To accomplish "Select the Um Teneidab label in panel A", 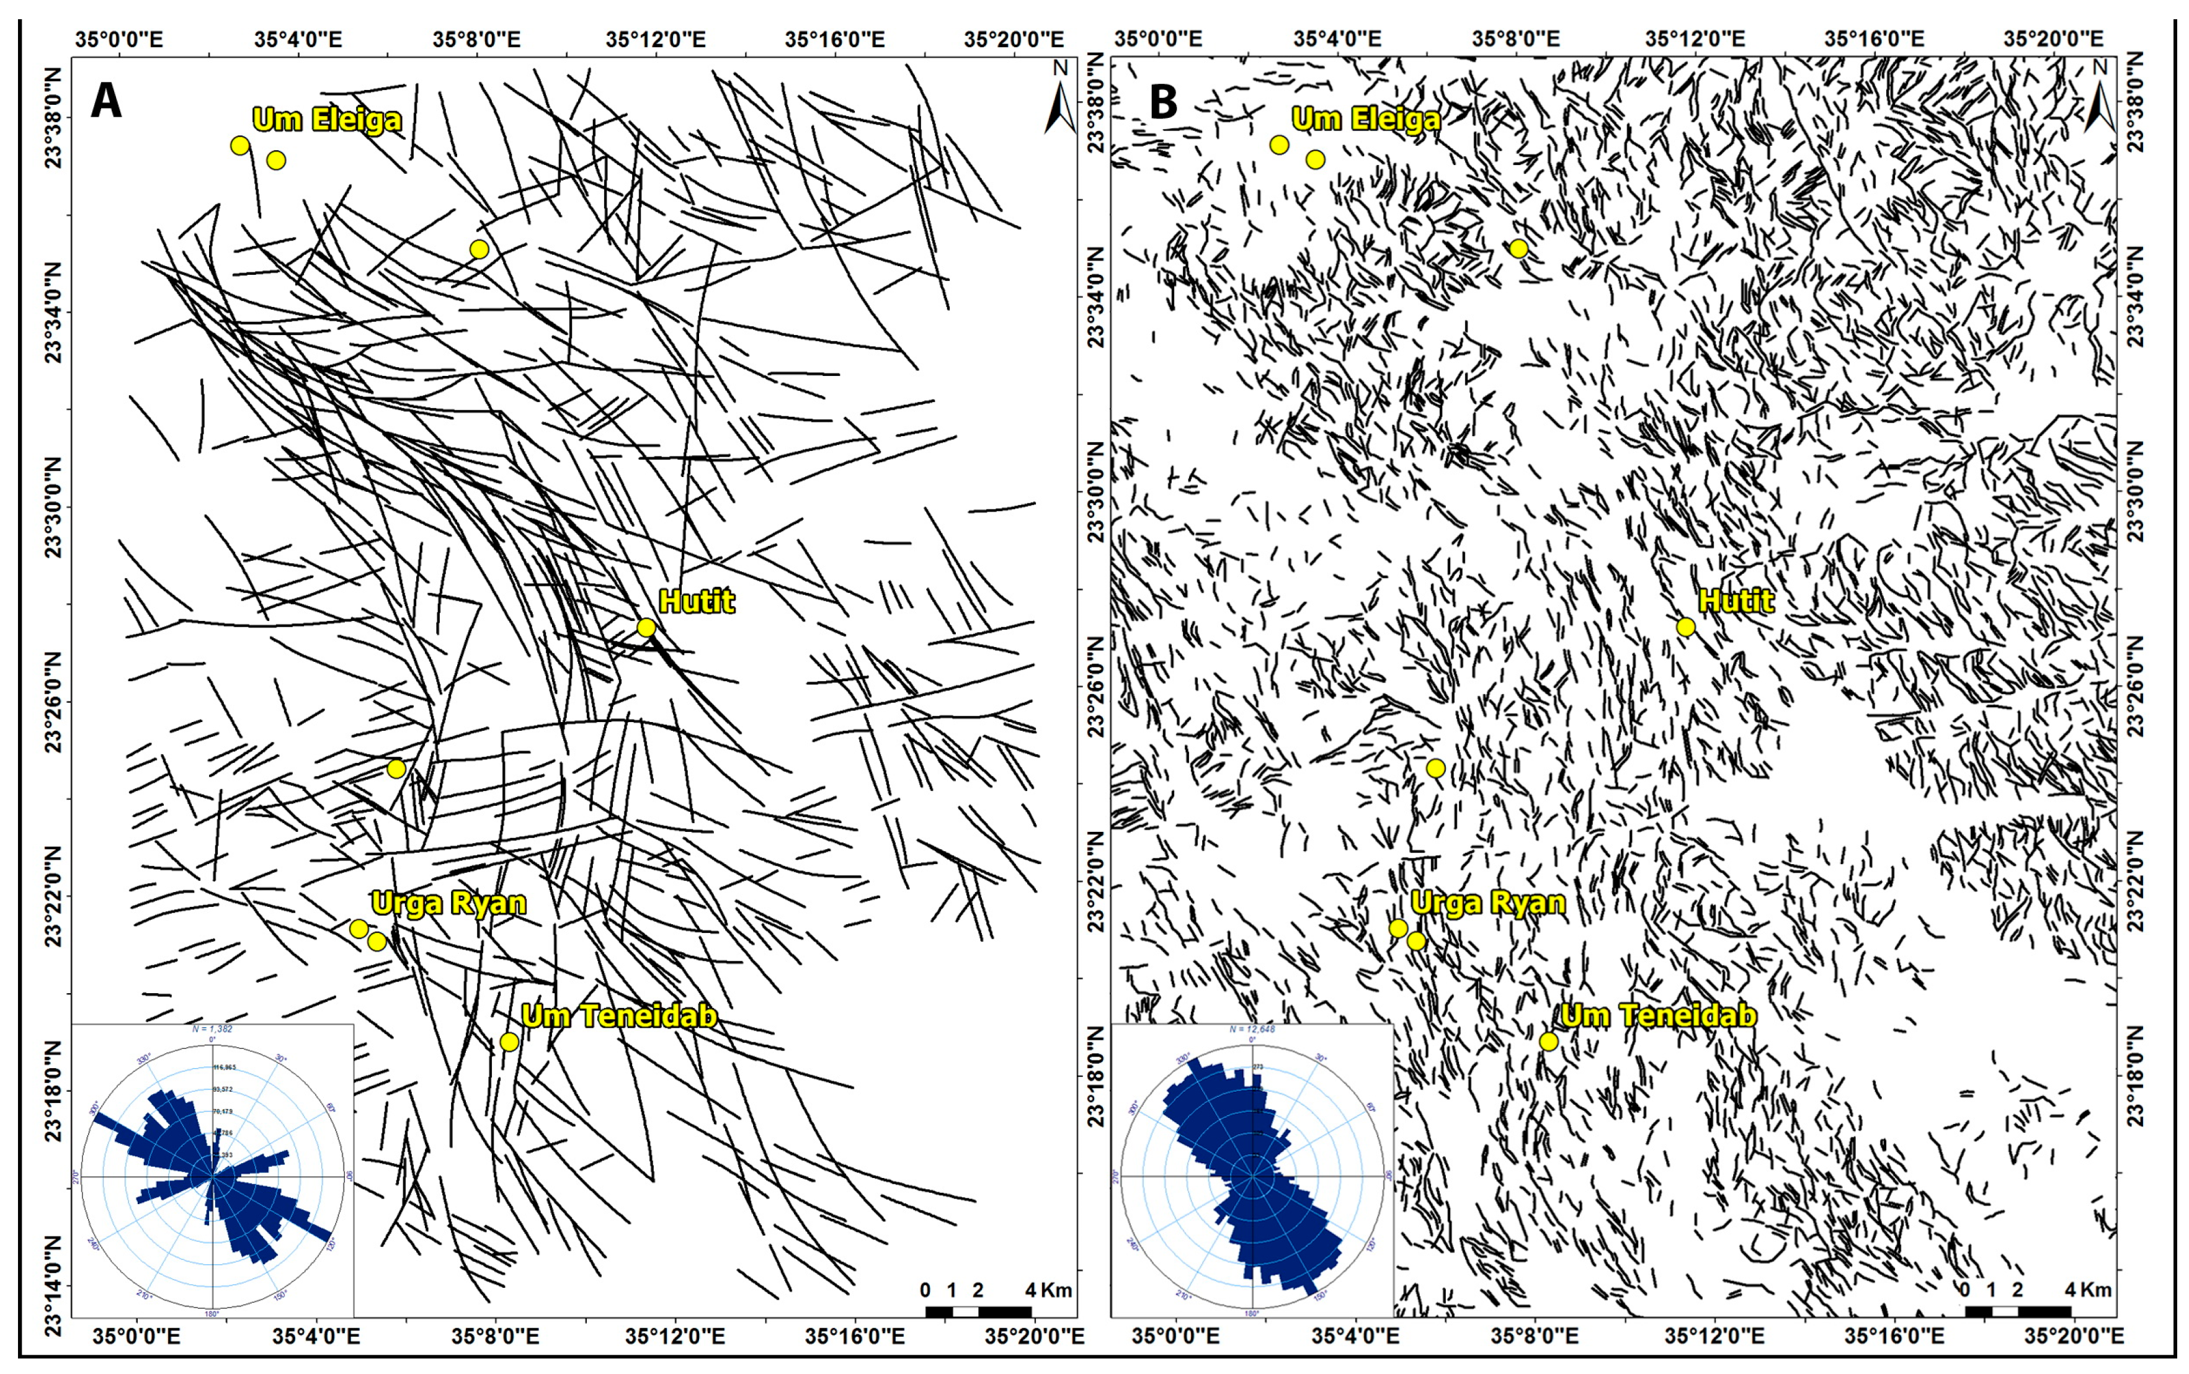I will click(x=619, y=1016).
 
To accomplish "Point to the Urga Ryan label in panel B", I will click(x=1487, y=903).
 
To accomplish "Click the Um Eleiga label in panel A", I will click(x=327, y=119).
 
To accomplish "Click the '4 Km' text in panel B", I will click(x=2088, y=1290).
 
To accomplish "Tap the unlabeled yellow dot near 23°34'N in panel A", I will click(x=479, y=249).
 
